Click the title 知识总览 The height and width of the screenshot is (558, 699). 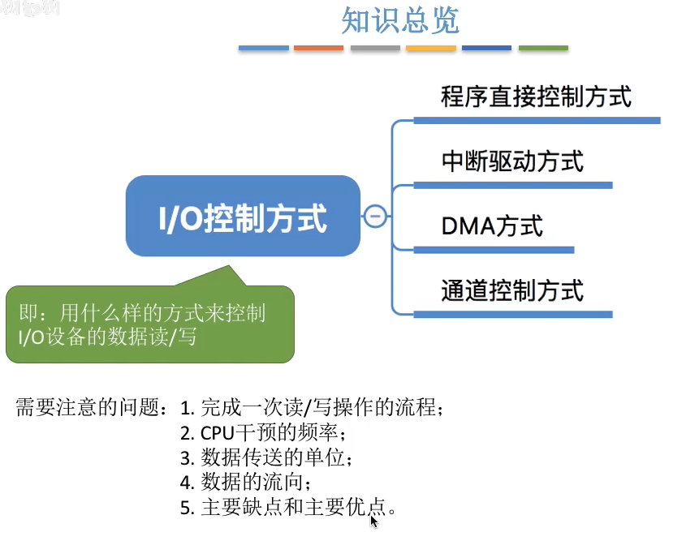pyautogui.click(x=400, y=20)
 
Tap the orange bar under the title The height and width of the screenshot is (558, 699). pyautogui.click(x=319, y=49)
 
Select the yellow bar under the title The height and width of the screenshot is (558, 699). pyautogui.click(x=430, y=49)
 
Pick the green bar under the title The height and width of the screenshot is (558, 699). pyautogui.click(x=543, y=49)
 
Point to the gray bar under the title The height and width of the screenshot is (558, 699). pyautogui.click(x=375, y=49)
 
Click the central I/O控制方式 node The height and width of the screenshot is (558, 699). pyautogui.click(x=243, y=217)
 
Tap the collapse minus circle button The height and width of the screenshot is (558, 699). pyautogui.click(x=375, y=217)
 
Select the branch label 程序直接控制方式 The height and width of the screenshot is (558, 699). pyautogui.click(x=536, y=97)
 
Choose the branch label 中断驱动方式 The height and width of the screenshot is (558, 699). pyautogui.click(x=512, y=161)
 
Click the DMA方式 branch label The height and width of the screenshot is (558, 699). pyautogui.click(x=492, y=225)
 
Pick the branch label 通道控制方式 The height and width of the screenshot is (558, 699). pyautogui.click(x=512, y=290)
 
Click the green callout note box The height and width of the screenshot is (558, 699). pyautogui.click(x=149, y=323)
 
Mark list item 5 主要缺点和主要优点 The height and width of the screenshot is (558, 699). pyautogui.click(x=289, y=509)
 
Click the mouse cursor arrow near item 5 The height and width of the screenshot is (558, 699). pyautogui.click(x=373, y=521)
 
